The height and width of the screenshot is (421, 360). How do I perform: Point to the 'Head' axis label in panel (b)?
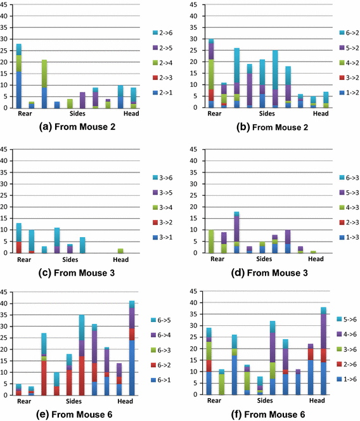(321, 114)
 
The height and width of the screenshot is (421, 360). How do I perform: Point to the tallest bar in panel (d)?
(236, 233)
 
